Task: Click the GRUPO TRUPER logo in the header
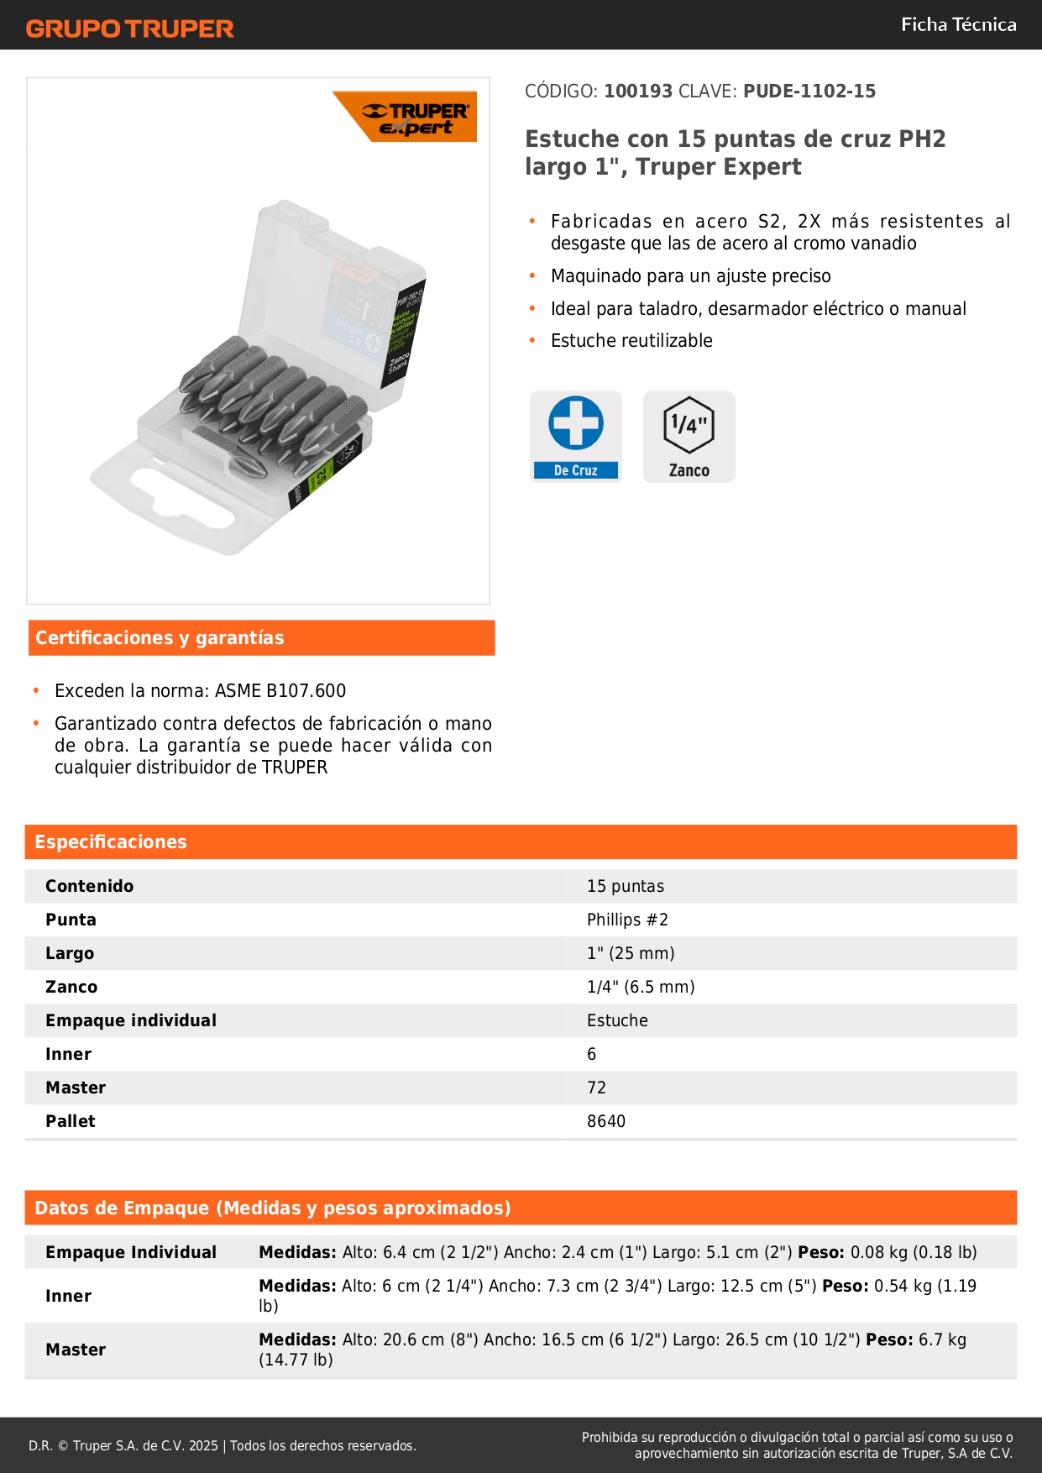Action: [x=129, y=29]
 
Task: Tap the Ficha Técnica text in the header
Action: [x=958, y=25]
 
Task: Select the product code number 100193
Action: [x=638, y=91]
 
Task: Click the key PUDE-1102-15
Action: [x=809, y=91]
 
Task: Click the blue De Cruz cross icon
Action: [x=576, y=424]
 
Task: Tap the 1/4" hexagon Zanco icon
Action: [x=689, y=426]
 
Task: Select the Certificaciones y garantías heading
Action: [x=160, y=638]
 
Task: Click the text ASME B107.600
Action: [x=280, y=691]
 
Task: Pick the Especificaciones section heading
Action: [x=111, y=842]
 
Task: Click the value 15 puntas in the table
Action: [x=626, y=887]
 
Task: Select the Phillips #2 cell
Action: [x=627, y=920]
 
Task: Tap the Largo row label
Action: [x=70, y=954]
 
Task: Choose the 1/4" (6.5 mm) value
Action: [x=641, y=988]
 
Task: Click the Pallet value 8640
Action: [x=606, y=1122]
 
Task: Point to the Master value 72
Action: [x=596, y=1088]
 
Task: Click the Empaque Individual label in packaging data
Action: [x=131, y=1253]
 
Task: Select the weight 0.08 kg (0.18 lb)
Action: [x=914, y=1253]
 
